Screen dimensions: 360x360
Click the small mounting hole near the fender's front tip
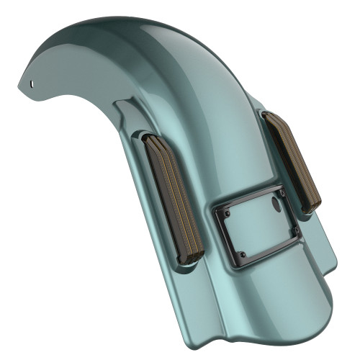click(x=32, y=82)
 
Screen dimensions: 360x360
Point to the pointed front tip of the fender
click(x=19, y=87)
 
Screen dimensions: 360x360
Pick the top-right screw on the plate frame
click(x=274, y=191)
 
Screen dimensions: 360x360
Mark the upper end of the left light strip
click(x=154, y=140)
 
